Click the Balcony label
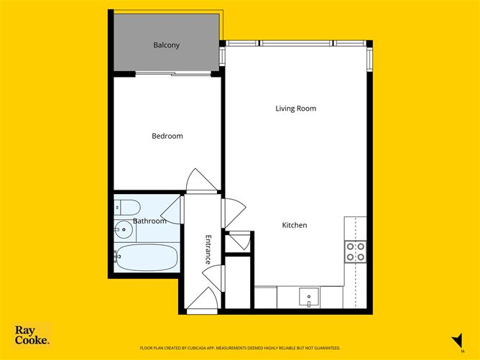[x=166, y=45]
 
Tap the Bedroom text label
[x=167, y=136]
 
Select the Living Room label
[x=295, y=109]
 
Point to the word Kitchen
[x=294, y=225]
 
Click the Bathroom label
[x=149, y=221]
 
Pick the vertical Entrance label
[x=208, y=249]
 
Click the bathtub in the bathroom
[x=146, y=258]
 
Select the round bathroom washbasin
[x=124, y=231]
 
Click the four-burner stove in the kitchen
[x=355, y=251]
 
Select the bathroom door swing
[x=172, y=211]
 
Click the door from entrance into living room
[x=234, y=213]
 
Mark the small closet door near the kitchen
[x=239, y=241]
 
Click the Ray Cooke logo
[x=32, y=336]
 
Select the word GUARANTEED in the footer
[x=324, y=348]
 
